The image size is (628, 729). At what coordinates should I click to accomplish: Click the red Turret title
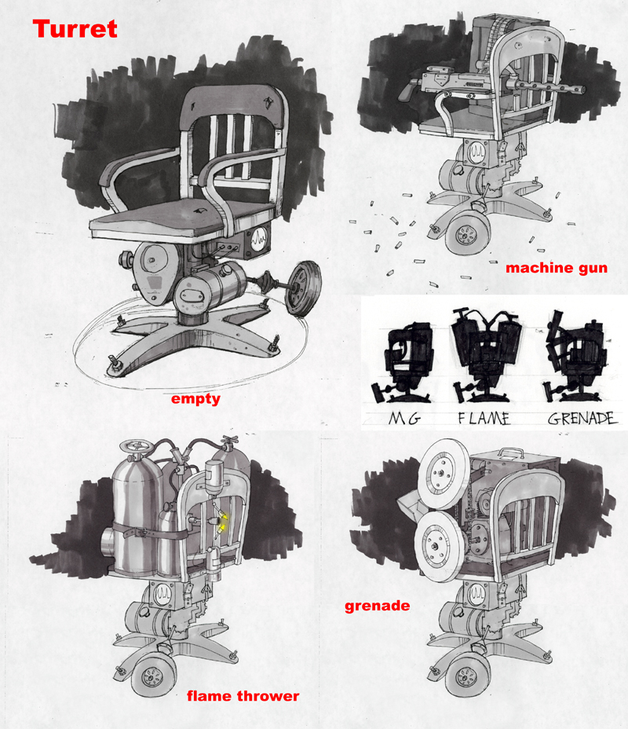point(75,29)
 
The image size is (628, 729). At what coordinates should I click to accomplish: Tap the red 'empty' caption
point(195,399)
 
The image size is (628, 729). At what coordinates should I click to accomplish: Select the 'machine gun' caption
point(557,268)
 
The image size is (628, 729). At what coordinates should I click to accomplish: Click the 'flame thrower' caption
point(243,696)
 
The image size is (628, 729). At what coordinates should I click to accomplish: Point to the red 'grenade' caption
point(377,606)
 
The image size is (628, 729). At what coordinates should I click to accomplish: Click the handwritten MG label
point(404,419)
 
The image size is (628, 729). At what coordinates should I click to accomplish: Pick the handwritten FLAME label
point(484,419)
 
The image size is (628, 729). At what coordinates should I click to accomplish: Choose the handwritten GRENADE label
point(582,419)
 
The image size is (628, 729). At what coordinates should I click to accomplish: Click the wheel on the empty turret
point(303,288)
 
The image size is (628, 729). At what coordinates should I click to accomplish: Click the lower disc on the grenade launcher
point(440,545)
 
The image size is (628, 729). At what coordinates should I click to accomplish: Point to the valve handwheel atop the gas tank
point(133,447)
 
